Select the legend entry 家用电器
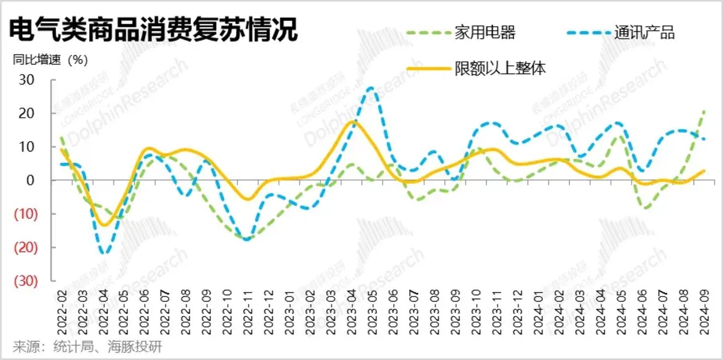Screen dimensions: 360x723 pyautogui.click(x=485, y=33)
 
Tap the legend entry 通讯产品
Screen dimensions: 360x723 pyautogui.click(x=644, y=33)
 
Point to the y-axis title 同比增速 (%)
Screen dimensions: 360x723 pyautogui.click(x=50, y=60)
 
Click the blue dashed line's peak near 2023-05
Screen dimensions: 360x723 pyautogui.click(x=371, y=88)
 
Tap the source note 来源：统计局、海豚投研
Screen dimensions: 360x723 pyautogui.click(x=87, y=347)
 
